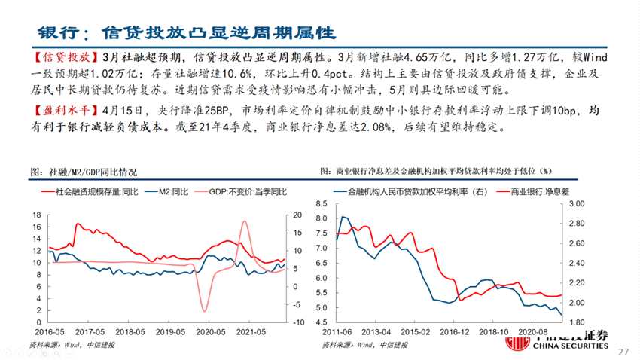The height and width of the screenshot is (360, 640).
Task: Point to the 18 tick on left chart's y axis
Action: pyautogui.click(x=36, y=215)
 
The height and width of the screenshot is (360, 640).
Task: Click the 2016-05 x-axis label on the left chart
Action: pyautogui.click(x=47, y=332)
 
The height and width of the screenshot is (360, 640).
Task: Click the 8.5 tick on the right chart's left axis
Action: pyautogui.click(x=322, y=204)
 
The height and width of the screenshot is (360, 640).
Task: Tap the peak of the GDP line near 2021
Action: pyautogui.click(x=245, y=221)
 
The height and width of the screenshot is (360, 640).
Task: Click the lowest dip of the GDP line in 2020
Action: pyautogui.click(x=204, y=310)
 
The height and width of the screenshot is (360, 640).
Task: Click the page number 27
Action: pyautogui.click(x=623, y=352)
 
